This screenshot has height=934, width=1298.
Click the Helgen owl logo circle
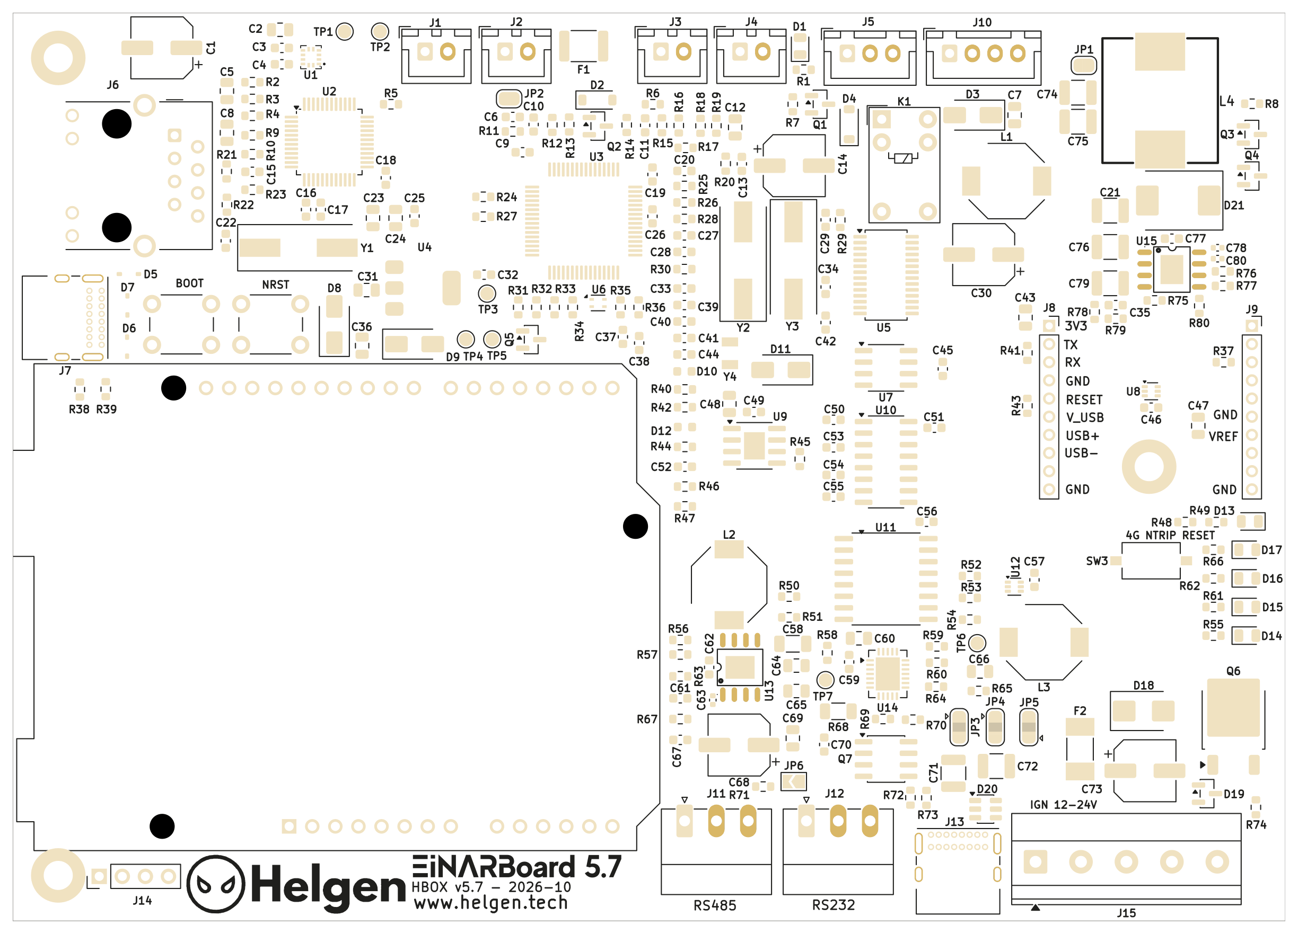coord(216,884)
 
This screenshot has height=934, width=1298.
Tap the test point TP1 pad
coord(345,31)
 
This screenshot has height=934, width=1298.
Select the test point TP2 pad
coord(380,31)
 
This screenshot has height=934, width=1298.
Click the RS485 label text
coord(715,905)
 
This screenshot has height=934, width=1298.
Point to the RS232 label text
coord(834,905)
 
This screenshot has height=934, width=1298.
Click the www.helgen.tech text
coord(491,903)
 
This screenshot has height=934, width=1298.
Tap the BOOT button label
coord(189,283)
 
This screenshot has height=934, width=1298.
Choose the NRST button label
coord(275,284)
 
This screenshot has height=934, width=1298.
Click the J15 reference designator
coord(1126,913)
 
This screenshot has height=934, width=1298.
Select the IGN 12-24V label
coord(1063,805)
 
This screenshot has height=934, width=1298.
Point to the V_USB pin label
coord(1084,417)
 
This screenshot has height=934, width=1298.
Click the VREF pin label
coord(1223,437)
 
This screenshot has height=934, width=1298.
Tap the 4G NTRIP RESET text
coord(1170,536)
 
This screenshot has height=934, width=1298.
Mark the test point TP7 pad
coord(825,680)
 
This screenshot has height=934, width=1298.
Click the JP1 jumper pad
coord(1084,65)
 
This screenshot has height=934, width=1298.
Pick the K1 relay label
coord(904,102)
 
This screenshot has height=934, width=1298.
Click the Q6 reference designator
coord(1233,671)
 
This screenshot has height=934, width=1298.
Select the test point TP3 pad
coord(487,293)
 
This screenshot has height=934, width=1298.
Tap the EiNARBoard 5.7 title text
coord(517,867)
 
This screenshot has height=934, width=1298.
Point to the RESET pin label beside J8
coord(1084,400)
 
